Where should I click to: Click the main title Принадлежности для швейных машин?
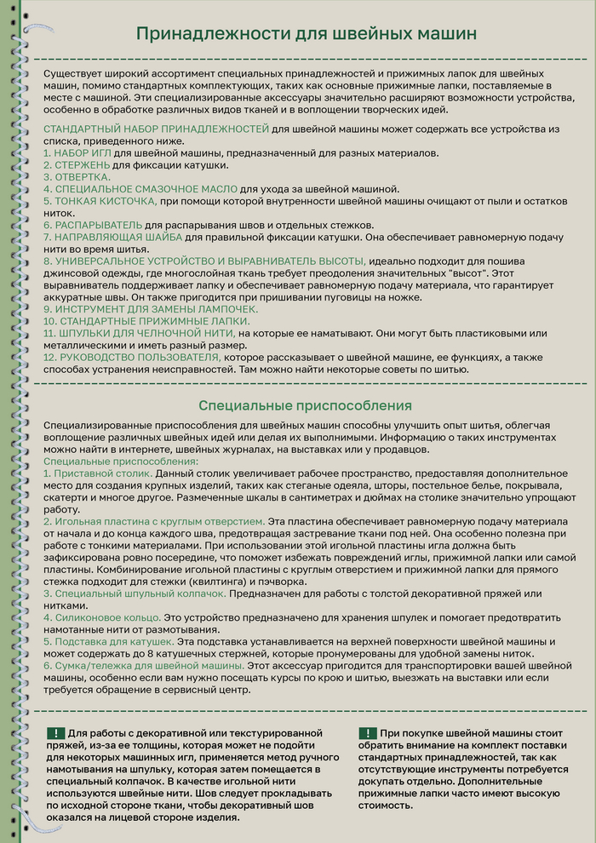click(307, 34)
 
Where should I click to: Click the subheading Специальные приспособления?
click(305, 405)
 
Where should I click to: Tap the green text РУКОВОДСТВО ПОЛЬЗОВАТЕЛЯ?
click(133, 358)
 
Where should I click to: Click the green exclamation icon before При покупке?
click(368, 733)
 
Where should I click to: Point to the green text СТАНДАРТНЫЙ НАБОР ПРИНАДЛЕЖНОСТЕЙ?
click(156, 128)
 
